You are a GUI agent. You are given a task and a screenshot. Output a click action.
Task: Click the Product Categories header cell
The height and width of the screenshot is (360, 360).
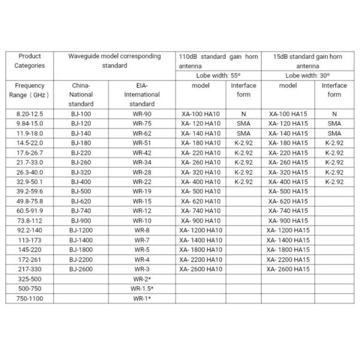29,61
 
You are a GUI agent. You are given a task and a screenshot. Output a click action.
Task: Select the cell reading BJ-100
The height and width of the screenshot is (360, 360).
80,113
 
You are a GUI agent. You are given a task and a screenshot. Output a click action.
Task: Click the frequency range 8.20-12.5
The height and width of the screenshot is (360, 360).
29,113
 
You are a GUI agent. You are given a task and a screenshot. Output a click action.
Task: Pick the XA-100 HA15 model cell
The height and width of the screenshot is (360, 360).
288,113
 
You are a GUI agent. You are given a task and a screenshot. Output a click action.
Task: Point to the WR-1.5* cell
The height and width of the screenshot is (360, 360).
142,288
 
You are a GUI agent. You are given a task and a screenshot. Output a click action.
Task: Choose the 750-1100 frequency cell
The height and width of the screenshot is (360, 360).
29,298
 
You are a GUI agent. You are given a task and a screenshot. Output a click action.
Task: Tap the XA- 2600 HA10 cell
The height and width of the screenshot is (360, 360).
200,269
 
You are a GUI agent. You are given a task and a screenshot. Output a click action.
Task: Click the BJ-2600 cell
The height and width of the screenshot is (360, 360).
80,269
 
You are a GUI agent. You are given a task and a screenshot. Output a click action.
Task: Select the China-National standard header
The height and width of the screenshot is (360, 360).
80,94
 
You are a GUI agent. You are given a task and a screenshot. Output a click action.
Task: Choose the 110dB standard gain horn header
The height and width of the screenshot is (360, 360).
218,61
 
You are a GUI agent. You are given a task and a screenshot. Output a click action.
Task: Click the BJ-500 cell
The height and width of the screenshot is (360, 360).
80,191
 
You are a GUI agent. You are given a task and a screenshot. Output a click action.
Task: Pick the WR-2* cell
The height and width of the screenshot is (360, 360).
142,278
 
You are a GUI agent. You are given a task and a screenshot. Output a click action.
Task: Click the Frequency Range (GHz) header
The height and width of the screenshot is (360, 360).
29,90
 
